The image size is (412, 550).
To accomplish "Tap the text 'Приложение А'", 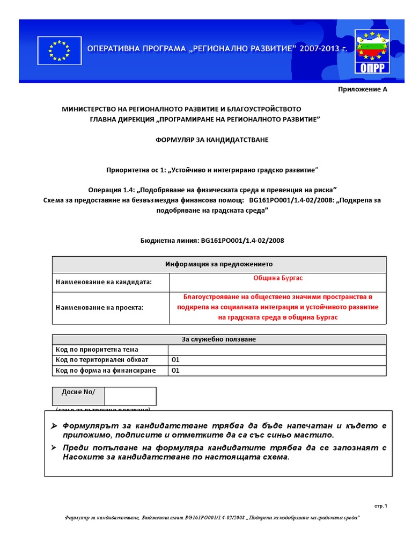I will click(362, 89).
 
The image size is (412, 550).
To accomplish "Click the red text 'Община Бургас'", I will click(278, 278).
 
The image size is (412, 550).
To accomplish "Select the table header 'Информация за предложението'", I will click(218, 264).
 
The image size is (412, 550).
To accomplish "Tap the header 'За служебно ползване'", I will click(218, 339).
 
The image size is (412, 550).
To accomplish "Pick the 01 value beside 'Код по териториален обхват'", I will click(175, 360).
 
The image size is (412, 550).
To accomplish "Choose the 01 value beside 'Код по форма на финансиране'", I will click(175, 371).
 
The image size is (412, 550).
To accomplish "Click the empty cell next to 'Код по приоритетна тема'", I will click(277, 350).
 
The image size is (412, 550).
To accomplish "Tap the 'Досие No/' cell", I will click(78, 392).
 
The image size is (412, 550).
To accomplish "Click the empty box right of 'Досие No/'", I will click(130, 396).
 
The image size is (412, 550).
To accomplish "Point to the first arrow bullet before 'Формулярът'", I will click(54, 426).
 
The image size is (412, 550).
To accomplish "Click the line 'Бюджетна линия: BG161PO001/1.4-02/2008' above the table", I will click(212, 240).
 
